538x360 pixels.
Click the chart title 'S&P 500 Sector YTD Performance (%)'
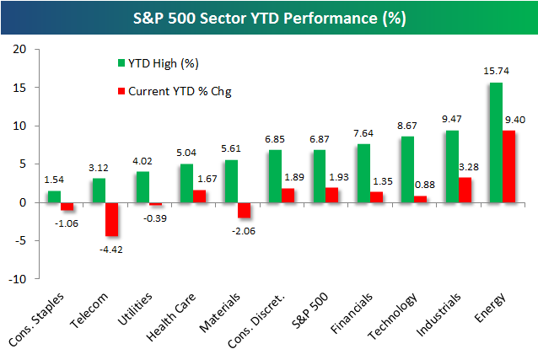[x=270, y=19]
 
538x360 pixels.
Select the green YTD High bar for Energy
[x=496, y=142]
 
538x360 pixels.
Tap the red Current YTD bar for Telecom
[x=112, y=219]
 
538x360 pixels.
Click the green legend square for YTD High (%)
[x=121, y=62]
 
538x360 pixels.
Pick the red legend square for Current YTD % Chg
[x=121, y=91]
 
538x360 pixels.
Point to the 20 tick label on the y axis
[x=19, y=50]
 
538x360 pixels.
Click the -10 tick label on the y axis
[x=18, y=279]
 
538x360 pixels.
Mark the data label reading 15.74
[x=496, y=71]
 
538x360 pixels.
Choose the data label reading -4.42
[x=110, y=250]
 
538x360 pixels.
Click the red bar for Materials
[x=244, y=210]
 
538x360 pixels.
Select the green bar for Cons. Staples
[x=54, y=196]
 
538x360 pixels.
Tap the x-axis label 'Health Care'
[x=171, y=317]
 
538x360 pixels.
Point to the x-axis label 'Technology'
[x=392, y=316]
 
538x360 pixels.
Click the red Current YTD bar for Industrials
[x=465, y=190]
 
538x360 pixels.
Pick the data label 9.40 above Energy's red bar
[x=515, y=120]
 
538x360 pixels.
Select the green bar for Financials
[x=363, y=174]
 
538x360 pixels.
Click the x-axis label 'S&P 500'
[x=309, y=310]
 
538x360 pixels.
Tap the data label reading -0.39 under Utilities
[x=155, y=218]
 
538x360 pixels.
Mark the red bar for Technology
[x=421, y=199]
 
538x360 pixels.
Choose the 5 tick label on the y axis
[x=23, y=164]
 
